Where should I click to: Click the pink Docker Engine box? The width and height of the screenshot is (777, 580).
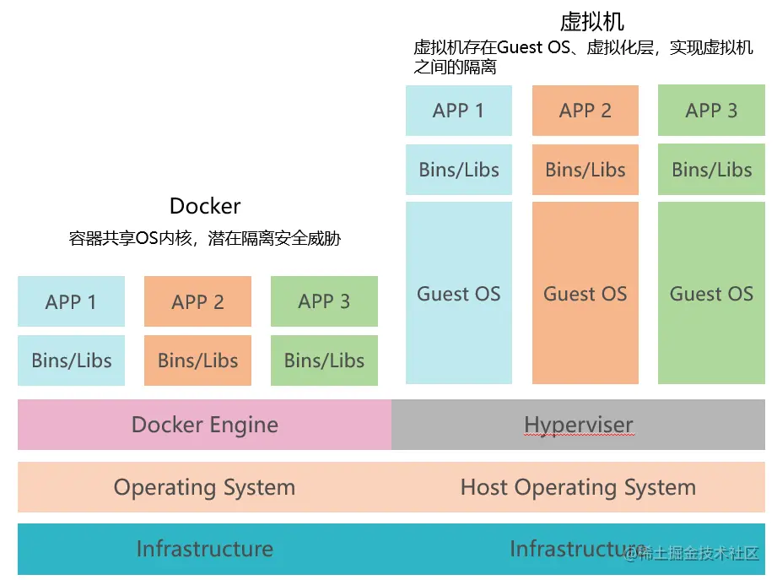(x=204, y=425)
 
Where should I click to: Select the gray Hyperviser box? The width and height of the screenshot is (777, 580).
(x=579, y=425)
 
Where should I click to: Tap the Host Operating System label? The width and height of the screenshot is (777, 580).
(x=578, y=487)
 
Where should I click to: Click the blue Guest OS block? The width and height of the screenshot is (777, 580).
(x=459, y=294)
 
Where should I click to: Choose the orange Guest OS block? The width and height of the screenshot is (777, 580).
(x=585, y=294)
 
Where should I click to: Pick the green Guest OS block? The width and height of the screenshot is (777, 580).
(x=711, y=294)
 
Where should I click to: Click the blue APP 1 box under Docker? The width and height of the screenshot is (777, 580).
(x=71, y=301)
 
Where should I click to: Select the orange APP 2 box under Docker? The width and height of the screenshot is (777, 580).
(x=197, y=301)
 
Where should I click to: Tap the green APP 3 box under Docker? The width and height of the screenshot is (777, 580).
(x=324, y=301)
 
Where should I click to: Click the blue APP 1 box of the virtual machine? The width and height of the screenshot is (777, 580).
(x=459, y=111)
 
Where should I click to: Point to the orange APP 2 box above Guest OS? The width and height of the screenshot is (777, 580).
(x=585, y=111)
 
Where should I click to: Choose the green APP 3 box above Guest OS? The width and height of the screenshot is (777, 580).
(x=711, y=111)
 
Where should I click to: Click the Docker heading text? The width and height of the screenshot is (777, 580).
(x=205, y=206)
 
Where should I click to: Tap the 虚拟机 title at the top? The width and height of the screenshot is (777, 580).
(x=591, y=21)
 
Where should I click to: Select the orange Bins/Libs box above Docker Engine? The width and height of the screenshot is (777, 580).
(x=197, y=360)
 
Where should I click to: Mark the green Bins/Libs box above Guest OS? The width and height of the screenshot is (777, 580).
(x=711, y=170)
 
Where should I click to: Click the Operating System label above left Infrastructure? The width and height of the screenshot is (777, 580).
(x=204, y=487)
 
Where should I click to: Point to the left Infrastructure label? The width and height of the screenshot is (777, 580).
(x=204, y=549)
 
